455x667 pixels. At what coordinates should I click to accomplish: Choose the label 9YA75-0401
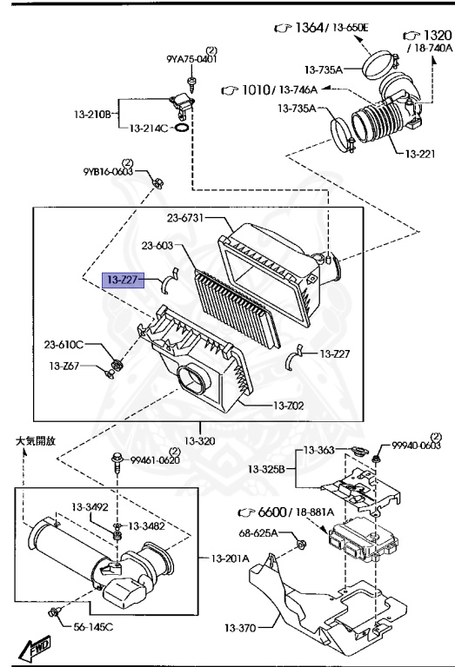tap(191, 59)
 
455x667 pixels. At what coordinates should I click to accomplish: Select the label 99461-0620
tap(155, 460)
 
